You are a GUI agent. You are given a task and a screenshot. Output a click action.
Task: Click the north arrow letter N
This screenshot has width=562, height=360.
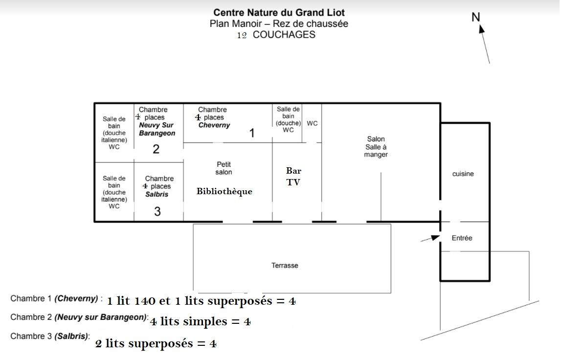point(475,17)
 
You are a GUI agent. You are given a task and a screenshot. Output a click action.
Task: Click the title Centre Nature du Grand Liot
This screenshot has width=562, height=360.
point(279,13)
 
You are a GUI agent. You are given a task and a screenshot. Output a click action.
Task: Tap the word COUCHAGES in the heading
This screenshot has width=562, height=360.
point(284,35)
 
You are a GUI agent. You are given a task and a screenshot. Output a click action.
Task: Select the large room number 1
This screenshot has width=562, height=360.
point(252,133)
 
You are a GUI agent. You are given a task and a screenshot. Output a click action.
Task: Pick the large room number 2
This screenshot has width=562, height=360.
point(156,149)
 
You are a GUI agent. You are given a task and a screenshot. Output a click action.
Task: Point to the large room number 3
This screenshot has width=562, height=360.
point(157,212)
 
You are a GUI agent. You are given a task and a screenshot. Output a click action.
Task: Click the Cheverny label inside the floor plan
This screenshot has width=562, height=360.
point(214,125)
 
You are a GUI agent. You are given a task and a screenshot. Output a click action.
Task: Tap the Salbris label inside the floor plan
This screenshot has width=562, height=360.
point(157,194)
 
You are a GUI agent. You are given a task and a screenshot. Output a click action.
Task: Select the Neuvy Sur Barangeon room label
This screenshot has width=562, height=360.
point(157,129)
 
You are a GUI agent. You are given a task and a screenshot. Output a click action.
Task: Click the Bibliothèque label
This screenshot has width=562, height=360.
point(225,191)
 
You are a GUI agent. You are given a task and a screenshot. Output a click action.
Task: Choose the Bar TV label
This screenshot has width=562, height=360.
point(293,177)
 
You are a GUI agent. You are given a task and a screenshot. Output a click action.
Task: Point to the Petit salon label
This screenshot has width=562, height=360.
point(224,168)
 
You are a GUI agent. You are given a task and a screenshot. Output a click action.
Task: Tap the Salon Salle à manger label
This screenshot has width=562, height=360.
point(376,147)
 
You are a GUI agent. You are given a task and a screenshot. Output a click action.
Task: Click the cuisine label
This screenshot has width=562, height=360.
point(463,174)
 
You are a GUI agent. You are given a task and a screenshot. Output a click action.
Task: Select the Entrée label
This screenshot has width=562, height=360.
point(462,238)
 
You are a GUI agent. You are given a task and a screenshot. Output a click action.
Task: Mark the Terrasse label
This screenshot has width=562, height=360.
point(285,266)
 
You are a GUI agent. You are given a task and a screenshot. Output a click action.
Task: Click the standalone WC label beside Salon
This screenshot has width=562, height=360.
point(312,123)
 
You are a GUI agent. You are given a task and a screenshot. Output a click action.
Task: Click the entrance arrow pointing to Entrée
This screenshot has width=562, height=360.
point(430,238)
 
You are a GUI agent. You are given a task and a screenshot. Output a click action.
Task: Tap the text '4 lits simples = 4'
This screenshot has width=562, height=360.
point(201,322)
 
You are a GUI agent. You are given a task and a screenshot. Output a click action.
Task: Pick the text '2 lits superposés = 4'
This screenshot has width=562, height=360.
point(156,343)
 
